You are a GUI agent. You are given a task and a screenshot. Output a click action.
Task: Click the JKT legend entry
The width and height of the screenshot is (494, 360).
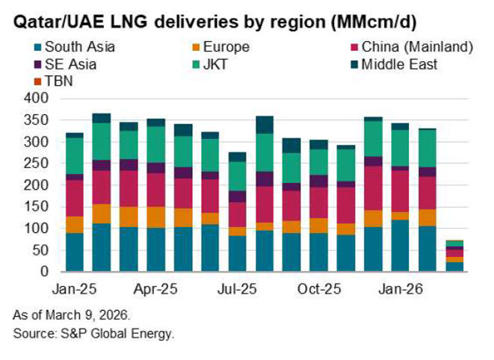click(x=213, y=64)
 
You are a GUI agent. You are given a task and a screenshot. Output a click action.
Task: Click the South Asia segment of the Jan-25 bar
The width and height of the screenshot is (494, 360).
click(x=75, y=252)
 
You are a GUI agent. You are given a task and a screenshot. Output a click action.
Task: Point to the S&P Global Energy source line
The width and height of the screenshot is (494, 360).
click(x=93, y=332)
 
